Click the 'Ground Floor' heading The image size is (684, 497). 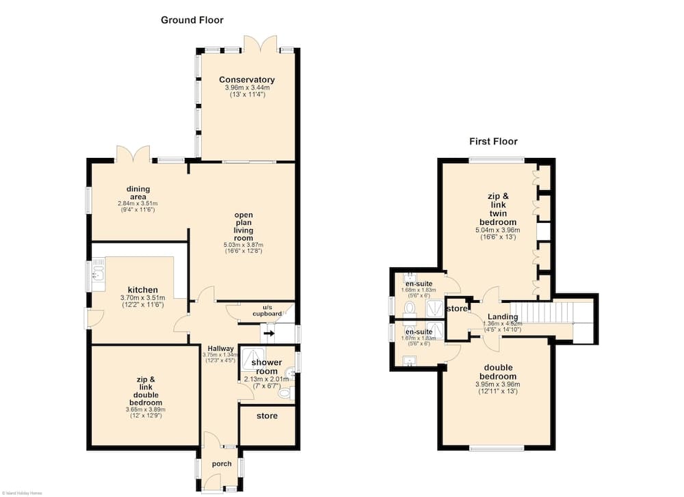192,20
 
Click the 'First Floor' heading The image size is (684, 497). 493,142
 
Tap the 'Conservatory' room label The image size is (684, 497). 247,79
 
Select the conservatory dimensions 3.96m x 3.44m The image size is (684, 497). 247,88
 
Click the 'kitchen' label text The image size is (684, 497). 142,290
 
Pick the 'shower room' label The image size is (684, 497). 267,366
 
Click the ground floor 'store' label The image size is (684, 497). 267,416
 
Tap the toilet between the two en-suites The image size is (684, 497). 410,312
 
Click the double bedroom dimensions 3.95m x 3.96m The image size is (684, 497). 497,384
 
